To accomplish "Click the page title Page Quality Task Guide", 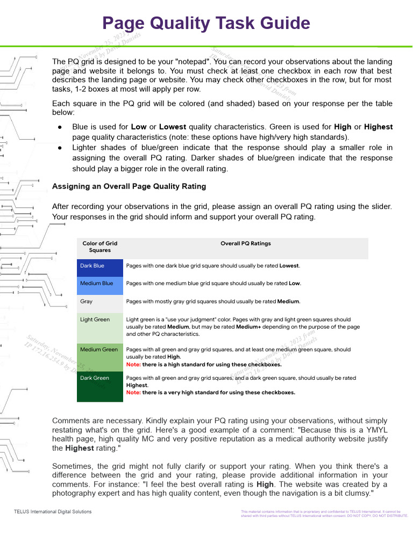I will [206, 24].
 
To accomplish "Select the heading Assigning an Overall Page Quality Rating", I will [129, 186].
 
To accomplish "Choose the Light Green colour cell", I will [100, 327].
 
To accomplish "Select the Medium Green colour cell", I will [100, 357].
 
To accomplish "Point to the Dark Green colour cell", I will [100, 386].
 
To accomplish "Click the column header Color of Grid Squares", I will [100, 247].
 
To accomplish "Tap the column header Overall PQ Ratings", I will [246, 243].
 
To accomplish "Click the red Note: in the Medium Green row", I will [133, 364].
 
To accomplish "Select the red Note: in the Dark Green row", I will [133, 393].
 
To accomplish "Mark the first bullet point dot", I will [60, 127].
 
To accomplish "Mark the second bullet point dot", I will [60, 148].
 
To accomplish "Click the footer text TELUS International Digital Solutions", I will [53, 512].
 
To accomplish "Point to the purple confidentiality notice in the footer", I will [324, 514].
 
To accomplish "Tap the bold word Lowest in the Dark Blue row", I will [289, 266].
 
